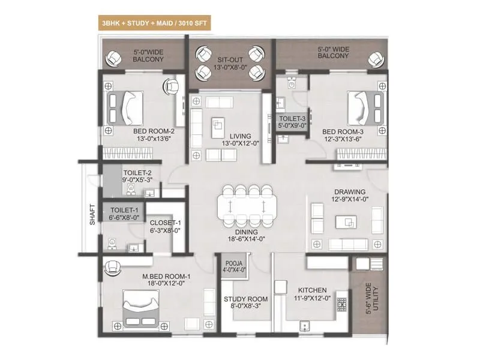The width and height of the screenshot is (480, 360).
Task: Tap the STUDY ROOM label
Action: tap(245, 299)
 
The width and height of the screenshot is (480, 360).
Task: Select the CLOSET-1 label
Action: tap(160, 225)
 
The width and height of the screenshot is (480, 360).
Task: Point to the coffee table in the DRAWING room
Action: tap(343, 223)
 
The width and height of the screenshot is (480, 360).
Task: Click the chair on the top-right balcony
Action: tap(375, 59)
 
